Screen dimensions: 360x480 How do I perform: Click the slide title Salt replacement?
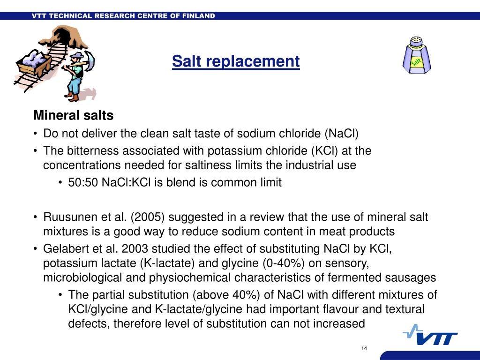(x=235, y=61)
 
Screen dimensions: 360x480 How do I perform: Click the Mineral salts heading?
(x=73, y=115)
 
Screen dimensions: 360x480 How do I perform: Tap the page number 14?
(x=364, y=348)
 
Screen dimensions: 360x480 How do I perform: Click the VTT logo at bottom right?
(x=430, y=335)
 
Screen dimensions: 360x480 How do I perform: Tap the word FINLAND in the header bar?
(x=198, y=16)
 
